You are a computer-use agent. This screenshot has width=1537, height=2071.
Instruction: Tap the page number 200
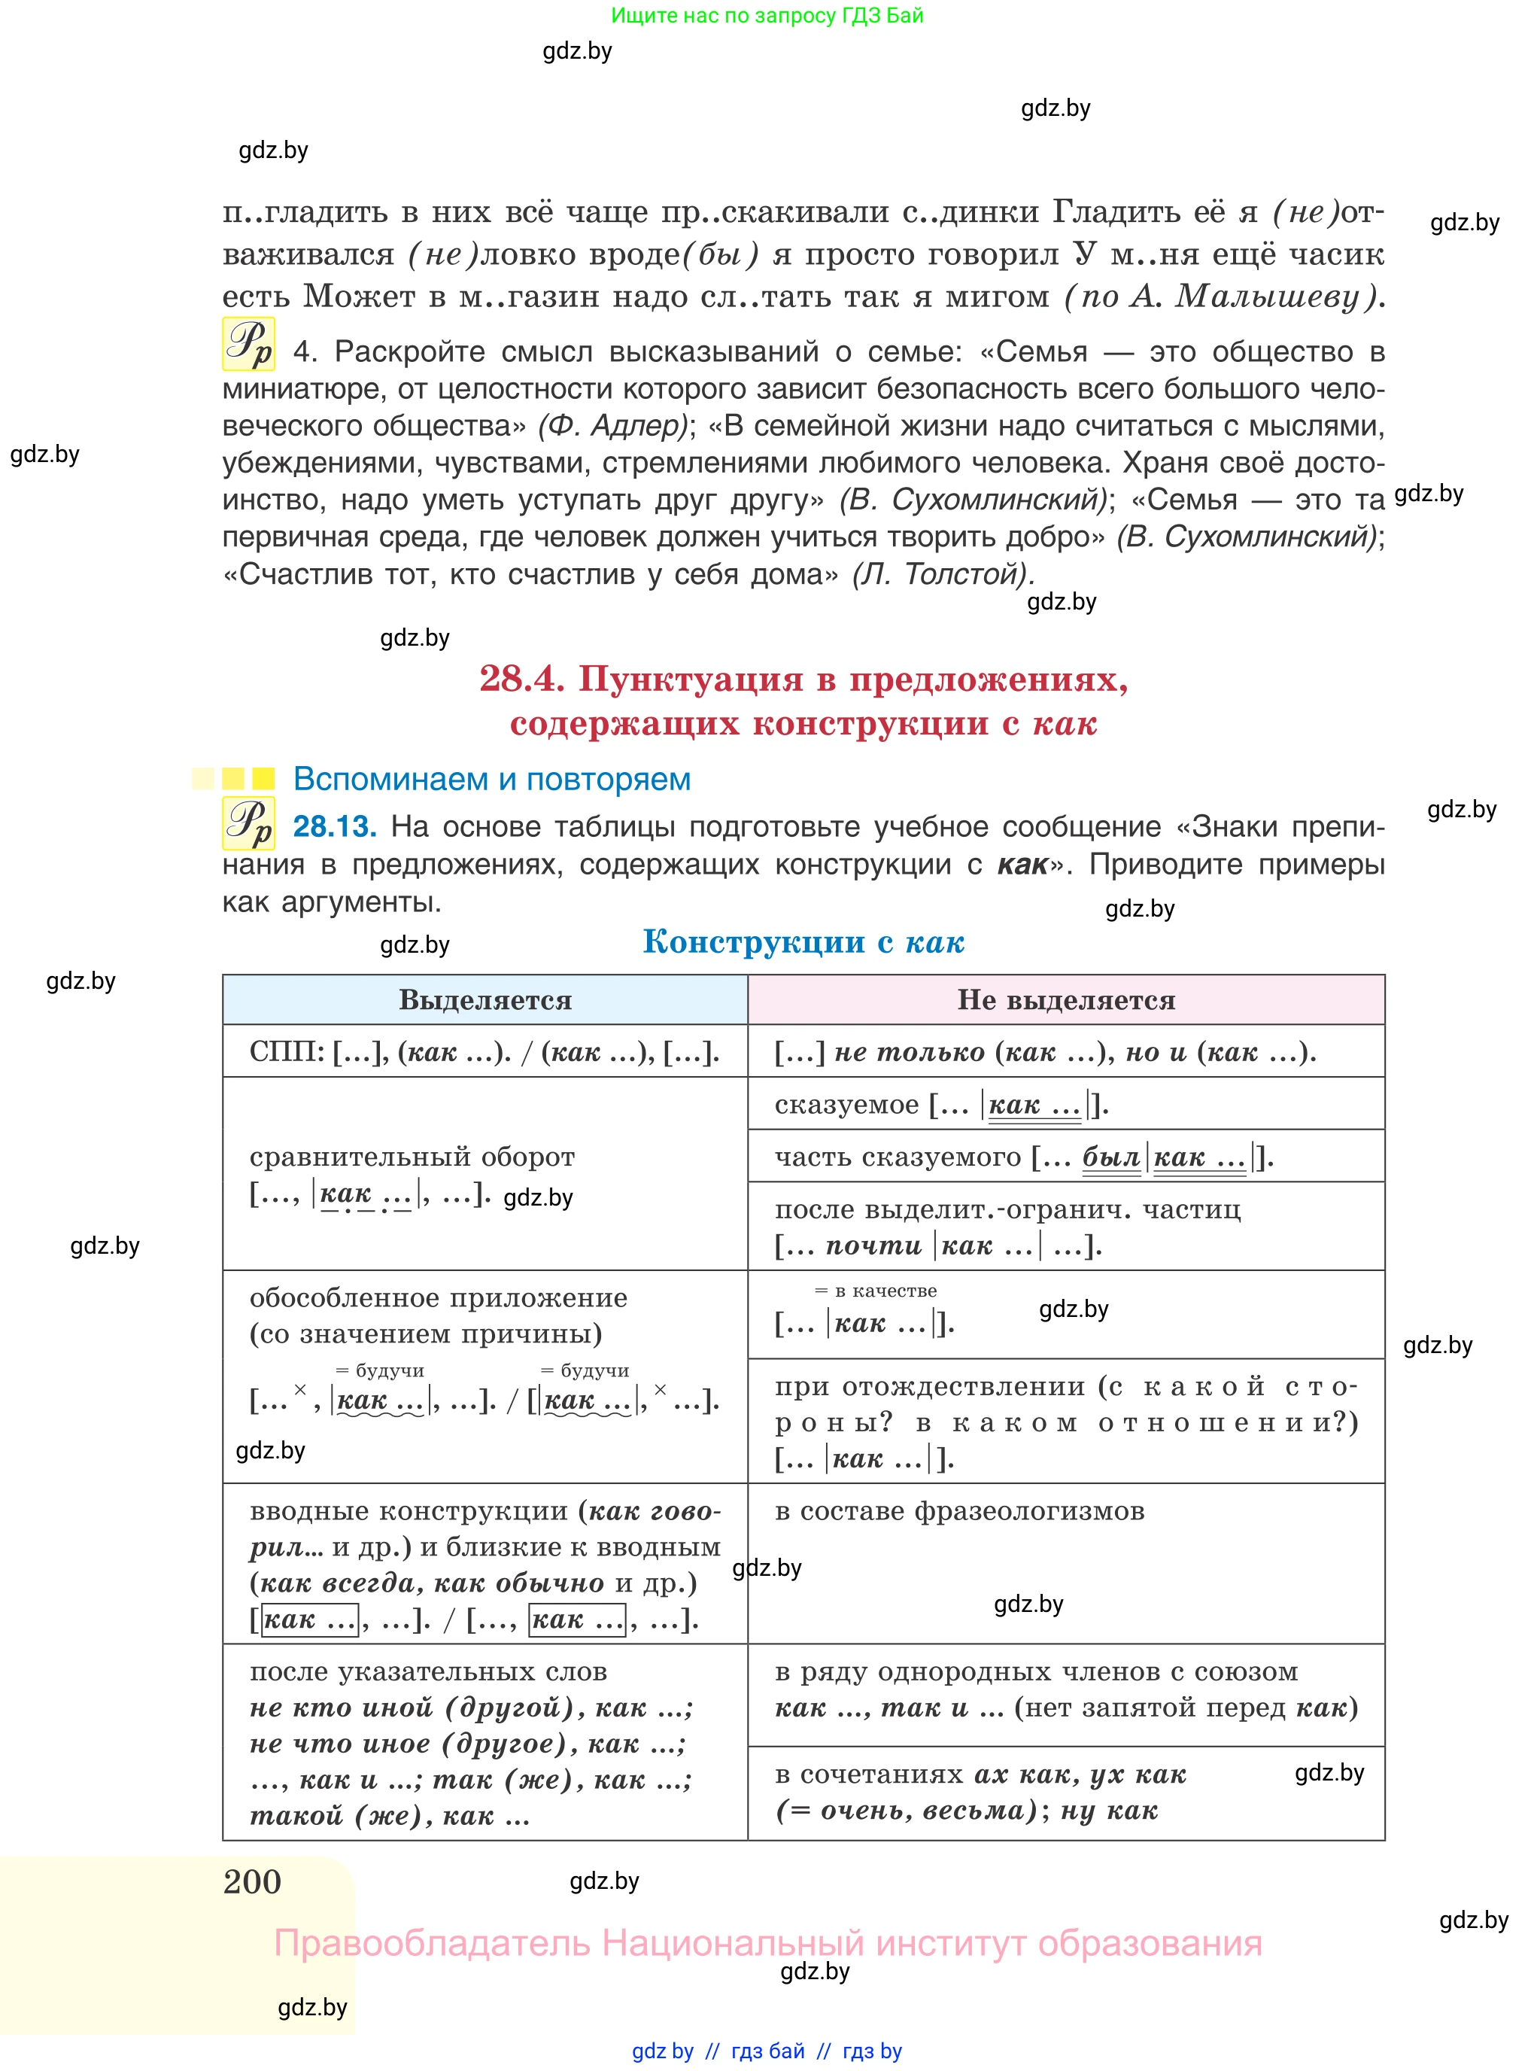[252, 1881]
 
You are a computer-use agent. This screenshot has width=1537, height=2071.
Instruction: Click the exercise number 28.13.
[334, 826]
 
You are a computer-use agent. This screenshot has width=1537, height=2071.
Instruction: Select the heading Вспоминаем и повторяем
[491, 779]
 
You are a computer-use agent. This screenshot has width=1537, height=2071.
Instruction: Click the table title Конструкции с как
[803, 942]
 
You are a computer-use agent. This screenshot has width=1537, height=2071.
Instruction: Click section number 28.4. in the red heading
[522, 679]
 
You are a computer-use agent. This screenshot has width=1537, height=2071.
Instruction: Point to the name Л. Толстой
[942, 574]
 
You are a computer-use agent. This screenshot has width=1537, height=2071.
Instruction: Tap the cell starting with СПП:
[484, 1052]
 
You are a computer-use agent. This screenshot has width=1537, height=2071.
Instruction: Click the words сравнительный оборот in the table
[412, 1157]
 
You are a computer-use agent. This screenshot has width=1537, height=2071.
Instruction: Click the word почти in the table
[873, 1245]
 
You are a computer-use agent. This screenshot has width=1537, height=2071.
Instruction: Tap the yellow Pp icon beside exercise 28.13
[248, 824]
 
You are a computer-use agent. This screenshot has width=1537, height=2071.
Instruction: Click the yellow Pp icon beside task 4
[248, 345]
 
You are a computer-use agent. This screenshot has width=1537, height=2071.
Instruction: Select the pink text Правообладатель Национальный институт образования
[767, 1944]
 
